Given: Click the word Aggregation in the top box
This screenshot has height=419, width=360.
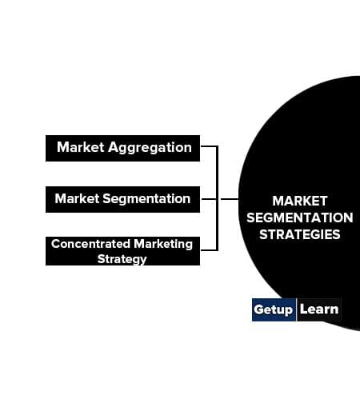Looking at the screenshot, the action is [x=150, y=148].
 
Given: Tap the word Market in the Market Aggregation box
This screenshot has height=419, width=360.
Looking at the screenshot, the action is [x=81, y=147].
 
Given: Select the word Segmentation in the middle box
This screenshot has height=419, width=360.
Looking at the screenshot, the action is [x=146, y=199].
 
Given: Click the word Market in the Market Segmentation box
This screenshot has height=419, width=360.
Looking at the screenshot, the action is [x=78, y=198].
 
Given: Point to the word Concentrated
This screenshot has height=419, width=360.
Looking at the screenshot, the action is [x=91, y=244].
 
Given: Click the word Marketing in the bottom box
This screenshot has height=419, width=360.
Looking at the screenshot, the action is [x=163, y=245].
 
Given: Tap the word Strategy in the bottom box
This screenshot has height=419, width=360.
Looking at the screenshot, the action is [x=122, y=259].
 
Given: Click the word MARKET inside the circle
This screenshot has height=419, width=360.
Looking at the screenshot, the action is [x=300, y=201].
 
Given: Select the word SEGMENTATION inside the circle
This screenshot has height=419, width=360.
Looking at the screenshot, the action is [x=300, y=217].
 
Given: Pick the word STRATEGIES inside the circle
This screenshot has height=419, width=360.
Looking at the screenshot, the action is [x=300, y=234].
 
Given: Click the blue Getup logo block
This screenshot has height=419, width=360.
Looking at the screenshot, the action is [x=274, y=309].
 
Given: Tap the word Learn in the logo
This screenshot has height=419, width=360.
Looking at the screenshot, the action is [x=319, y=309].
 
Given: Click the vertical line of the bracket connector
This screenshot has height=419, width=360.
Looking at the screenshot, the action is [x=217, y=198].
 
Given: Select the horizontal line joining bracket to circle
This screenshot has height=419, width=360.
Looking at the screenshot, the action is [x=230, y=199].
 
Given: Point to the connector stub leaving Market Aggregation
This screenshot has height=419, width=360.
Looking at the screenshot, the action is [x=209, y=146].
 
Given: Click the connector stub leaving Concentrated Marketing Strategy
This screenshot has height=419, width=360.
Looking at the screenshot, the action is [x=209, y=250].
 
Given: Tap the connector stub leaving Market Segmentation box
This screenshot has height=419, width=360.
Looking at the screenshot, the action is [x=208, y=199].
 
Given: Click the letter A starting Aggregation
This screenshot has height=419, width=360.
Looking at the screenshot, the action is [x=114, y=147].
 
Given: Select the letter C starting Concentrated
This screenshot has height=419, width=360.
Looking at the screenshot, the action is [x=55, y=244].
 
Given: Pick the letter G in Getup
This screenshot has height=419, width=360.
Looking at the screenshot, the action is [x=258, y=309].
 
